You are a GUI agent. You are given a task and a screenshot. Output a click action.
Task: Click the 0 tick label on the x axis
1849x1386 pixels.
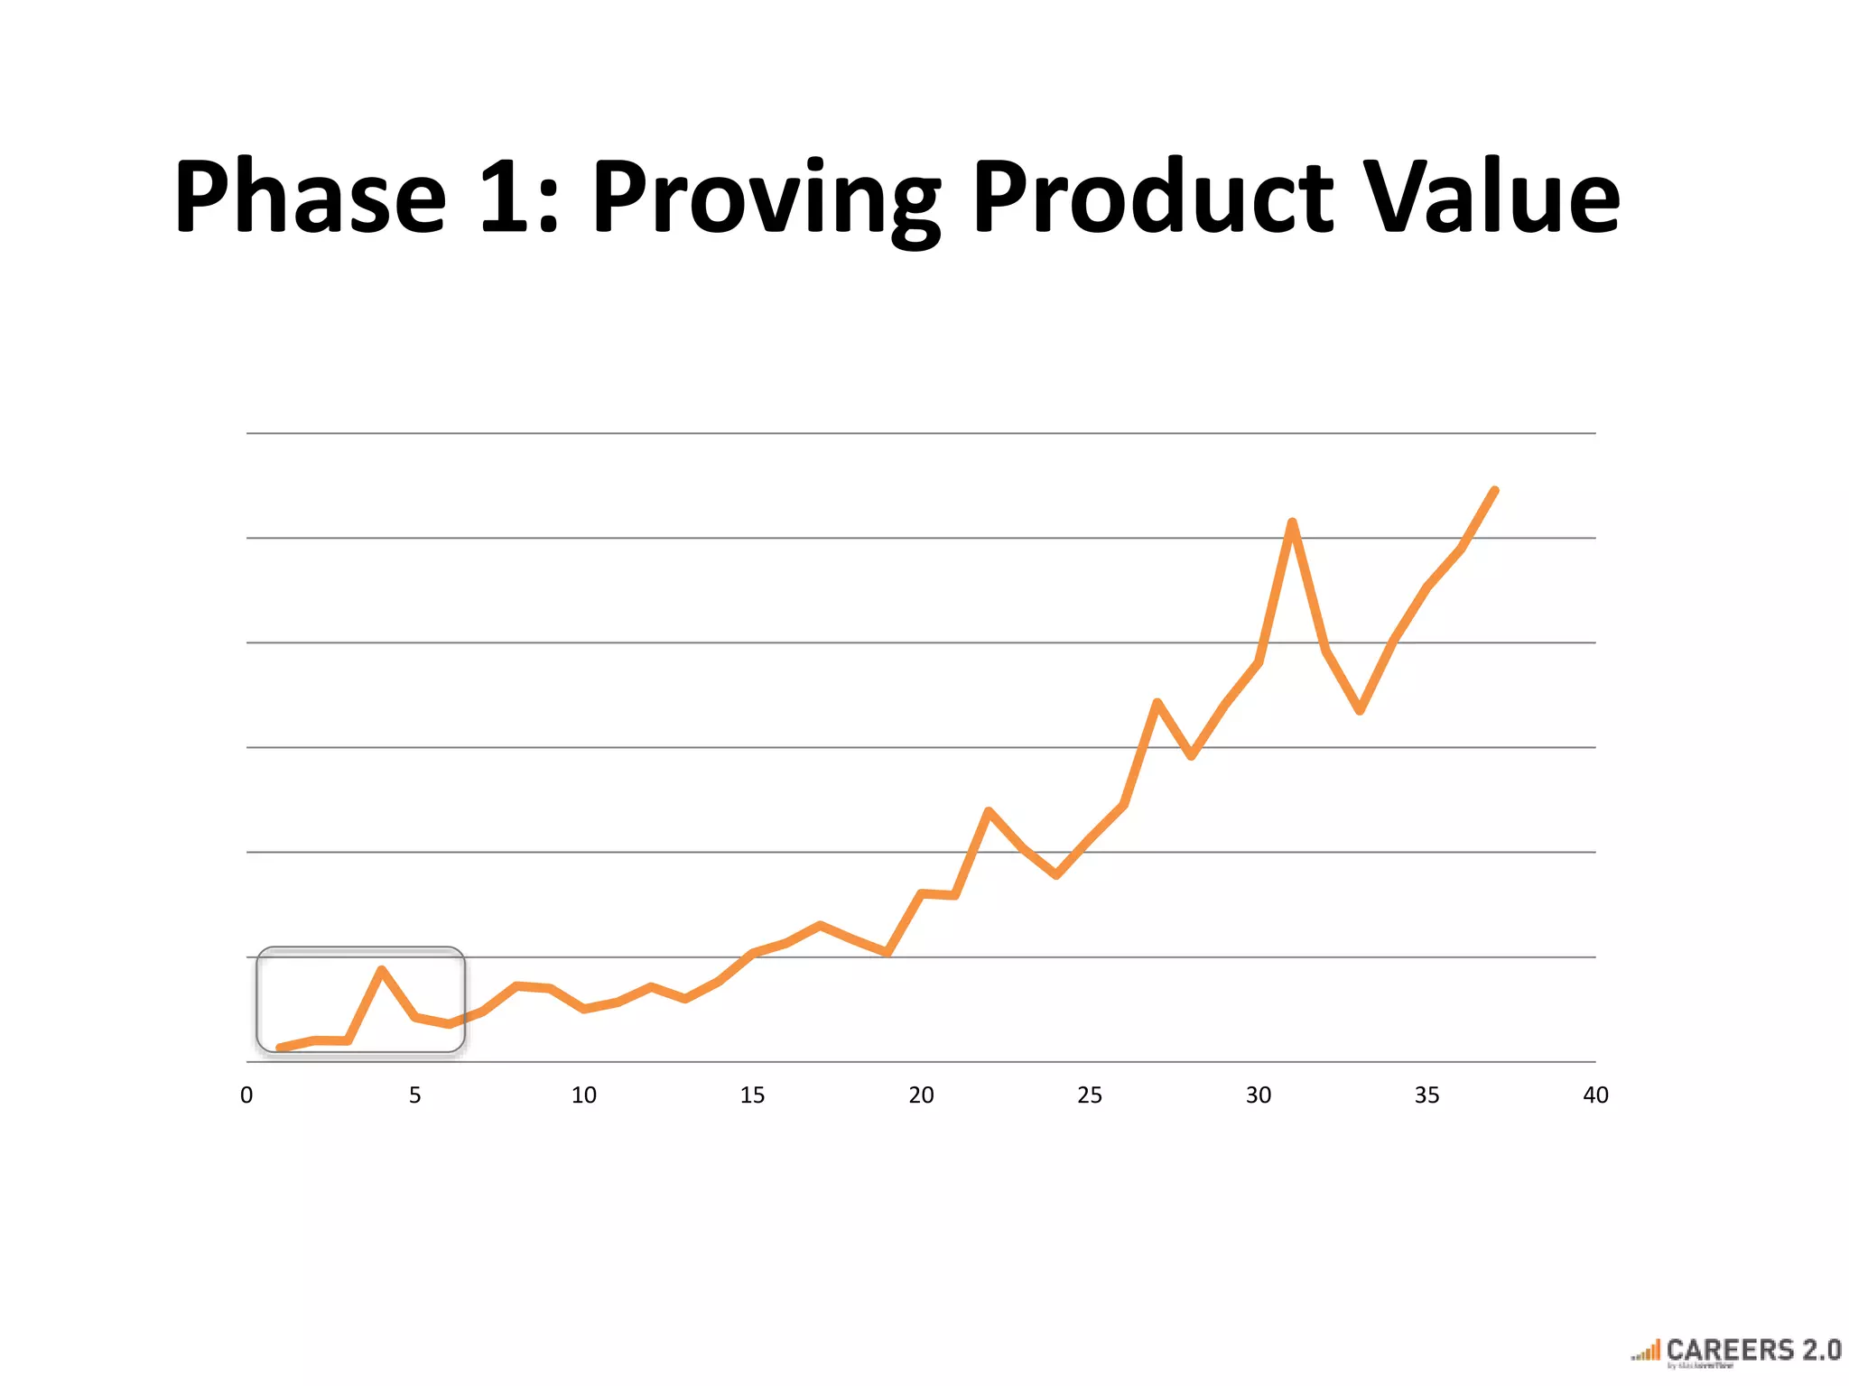[246, 1095]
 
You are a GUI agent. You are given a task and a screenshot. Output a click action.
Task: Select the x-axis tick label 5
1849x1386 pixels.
[415, 1095]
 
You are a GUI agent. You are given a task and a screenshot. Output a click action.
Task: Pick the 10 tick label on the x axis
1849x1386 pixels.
[584, 1095]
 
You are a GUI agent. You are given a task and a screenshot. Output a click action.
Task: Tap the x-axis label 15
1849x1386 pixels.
[752, 1095]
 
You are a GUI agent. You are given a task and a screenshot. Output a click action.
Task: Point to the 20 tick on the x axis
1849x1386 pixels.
[921, 1095]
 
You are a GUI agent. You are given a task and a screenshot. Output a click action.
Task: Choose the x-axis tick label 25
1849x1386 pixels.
[1090, 1095]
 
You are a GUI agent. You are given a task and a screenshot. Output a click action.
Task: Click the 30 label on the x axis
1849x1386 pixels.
[1259, 1095]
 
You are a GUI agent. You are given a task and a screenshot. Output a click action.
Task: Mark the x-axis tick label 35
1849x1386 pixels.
[1427, 1095]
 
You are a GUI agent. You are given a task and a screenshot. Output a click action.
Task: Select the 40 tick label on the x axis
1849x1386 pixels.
[1595, 1095]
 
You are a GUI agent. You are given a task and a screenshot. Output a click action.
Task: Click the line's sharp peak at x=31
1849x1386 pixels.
[1292, 522]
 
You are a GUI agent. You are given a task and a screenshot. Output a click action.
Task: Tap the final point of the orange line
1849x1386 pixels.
[1495, 491]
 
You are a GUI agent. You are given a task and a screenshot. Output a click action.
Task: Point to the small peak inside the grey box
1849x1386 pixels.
[382, 970]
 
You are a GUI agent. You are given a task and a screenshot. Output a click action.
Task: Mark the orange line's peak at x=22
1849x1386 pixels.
[989, 811]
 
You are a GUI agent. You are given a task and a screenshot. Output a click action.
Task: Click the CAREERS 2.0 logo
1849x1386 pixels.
[1737, 1352]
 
